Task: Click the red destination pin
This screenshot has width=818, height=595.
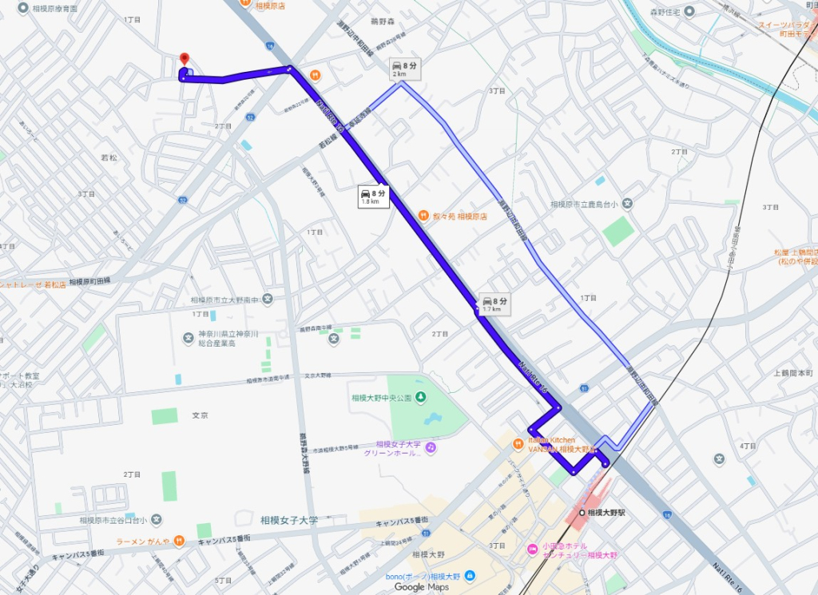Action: [x=184, y=59]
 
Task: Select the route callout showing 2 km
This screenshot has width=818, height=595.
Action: [x=404, y=69]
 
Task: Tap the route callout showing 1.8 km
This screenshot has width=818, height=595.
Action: [x=373, y=196]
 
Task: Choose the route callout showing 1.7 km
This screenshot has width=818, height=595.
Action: [x=492, y=303]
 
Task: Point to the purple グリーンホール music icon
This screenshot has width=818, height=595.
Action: [x=431, y=448]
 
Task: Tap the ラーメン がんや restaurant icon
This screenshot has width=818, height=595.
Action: [x=180, y=541]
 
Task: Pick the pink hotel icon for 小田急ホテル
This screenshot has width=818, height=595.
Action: [x=531, y=549]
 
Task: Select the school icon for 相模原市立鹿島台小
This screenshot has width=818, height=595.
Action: [x=628, y=204]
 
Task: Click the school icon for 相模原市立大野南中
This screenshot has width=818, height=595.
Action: [x=267, y=299]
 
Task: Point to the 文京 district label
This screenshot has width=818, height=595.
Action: [x=200, y=416]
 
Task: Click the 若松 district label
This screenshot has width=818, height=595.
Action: [x=109, y=158]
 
